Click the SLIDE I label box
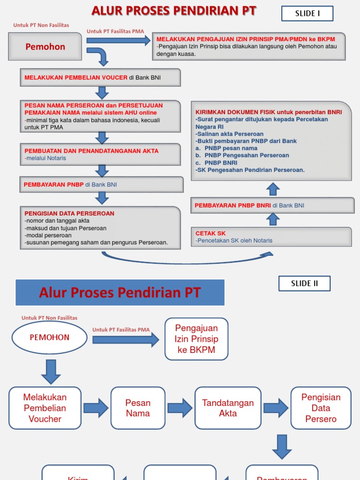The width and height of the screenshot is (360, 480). click(x=307, y=14)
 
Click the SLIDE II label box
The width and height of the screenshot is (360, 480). click(x=304, y=284)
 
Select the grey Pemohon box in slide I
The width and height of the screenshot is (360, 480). click(x=45, y=47)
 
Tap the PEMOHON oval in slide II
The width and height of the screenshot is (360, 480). click(x=49, y=337)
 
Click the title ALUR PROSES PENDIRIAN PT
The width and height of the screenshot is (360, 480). click(x=174, y=11)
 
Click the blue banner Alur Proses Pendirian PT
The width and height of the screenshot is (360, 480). click(x=120, y=293)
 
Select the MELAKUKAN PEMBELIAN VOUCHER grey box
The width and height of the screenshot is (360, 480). click(x=100, y=77)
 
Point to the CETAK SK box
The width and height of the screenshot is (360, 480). click(x=271, y=237)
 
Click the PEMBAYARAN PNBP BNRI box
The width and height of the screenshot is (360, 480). click(x=272, y=205)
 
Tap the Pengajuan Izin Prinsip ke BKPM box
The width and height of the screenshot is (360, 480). click(x=196, y=339)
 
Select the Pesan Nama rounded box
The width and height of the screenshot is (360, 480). click(x=138, y=408)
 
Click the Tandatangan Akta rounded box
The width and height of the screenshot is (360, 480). click(x=228, y=408)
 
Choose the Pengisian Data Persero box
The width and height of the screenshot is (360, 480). click(x=321, y=408)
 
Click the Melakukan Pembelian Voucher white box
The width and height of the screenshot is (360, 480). click(x=45, y=408)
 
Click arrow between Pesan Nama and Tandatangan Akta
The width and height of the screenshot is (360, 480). click(x=180, y=408)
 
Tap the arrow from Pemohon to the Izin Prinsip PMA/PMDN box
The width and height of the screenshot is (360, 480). click(x=118, y=41)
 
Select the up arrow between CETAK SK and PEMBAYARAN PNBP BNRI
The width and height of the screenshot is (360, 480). click(x=273, y=219)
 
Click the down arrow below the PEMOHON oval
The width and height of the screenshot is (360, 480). click(x=51, y=371)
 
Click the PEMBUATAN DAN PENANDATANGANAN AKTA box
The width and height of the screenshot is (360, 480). click(x=100, y=154)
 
